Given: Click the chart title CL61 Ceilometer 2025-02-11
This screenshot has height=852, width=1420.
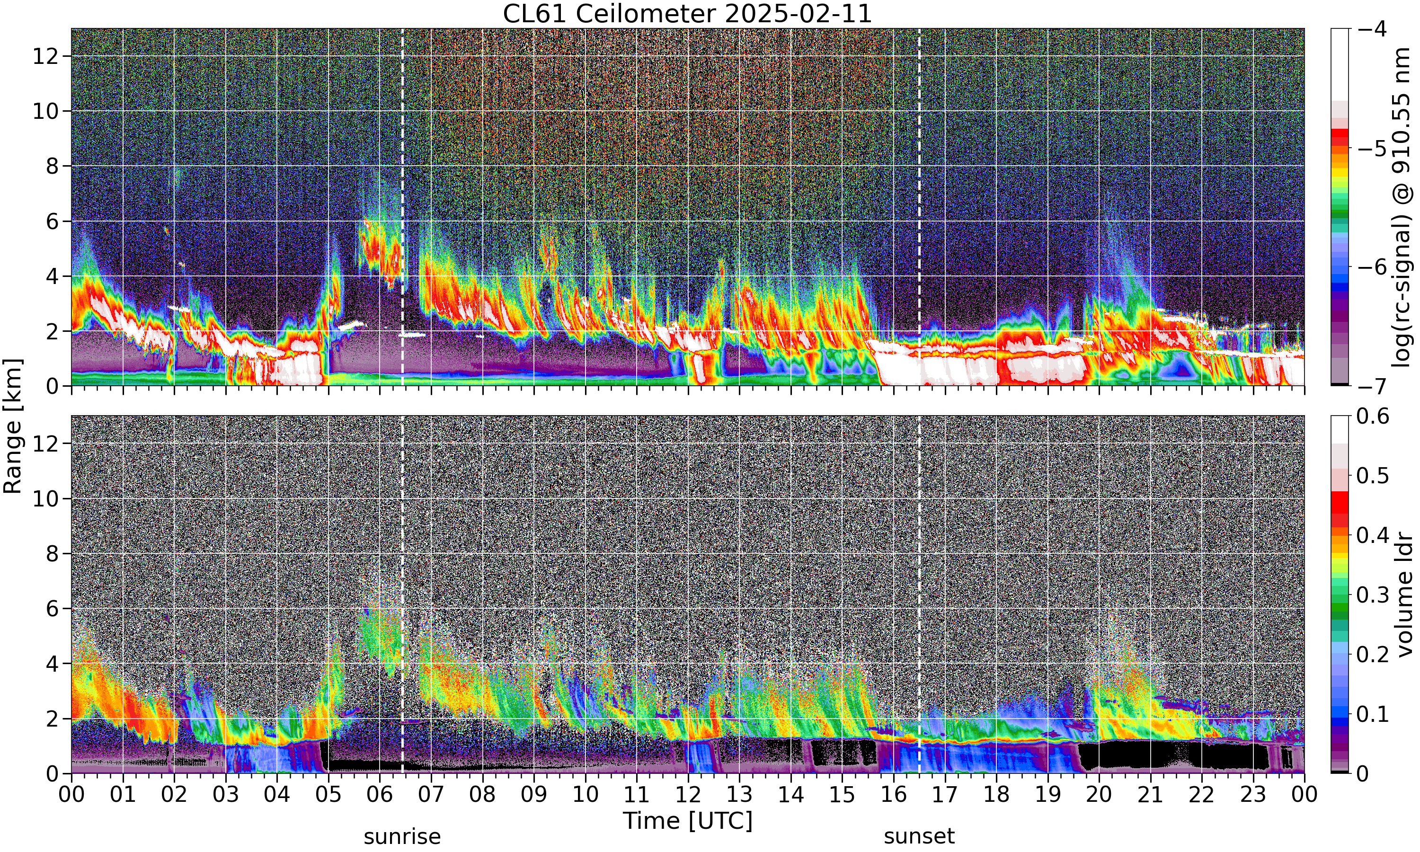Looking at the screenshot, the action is (687, 13).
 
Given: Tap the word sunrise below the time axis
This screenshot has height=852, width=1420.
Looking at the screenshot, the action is (402, 836).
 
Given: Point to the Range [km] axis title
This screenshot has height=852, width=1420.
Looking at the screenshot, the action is (13, 426).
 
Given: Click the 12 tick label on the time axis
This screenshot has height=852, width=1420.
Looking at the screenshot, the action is (688, 795).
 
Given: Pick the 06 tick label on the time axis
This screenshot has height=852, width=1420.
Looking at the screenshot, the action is (380, 795).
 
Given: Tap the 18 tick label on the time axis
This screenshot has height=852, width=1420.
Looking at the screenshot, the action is (996, 795).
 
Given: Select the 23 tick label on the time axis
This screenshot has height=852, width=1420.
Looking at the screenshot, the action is (1253, 795).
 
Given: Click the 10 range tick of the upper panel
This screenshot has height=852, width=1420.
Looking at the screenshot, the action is (46, 111).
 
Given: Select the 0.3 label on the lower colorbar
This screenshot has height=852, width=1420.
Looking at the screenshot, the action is (1373, 595).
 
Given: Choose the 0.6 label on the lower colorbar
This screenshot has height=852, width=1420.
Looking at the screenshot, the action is (1373, 416).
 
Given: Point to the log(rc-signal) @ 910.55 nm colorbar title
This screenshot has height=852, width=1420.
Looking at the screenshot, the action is (1402, 207).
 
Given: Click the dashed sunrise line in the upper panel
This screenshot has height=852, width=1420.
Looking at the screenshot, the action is (402, 207).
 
